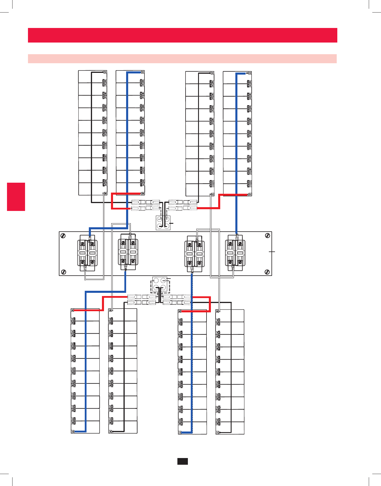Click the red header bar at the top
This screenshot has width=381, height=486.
click(x=182, y=35)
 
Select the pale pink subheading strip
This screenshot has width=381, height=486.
click(x=182, y=59)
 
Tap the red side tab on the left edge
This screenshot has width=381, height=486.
click(x=16, y=197)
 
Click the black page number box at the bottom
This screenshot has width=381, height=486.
click(x=183, y=461)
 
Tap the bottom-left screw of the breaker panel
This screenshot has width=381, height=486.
click(x=63, y=272)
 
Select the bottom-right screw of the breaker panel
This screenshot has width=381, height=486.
click(x=267, y=272)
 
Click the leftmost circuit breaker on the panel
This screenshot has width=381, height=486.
click(x=87, y=253)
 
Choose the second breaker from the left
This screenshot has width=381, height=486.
click(x=128, y=252)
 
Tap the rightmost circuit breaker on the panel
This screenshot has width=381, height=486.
click(x=235, y=253)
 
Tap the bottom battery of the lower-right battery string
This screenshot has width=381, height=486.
click(x=230, y=428)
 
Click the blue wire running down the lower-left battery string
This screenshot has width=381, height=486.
click(x=86, y=364)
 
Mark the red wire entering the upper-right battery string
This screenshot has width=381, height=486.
click(x=233, y=194)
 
